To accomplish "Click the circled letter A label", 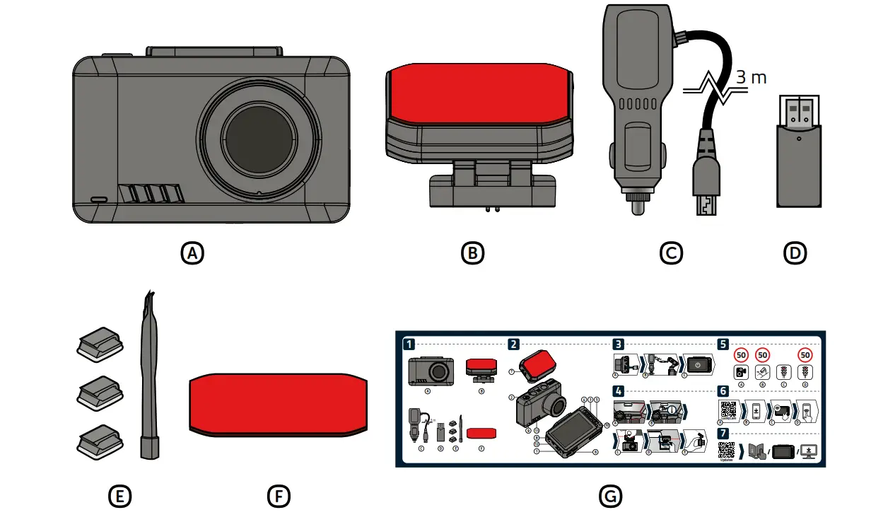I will [x=192, y=253].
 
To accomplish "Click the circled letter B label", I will [x=472, y=253].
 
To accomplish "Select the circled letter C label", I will [x=671, y=253].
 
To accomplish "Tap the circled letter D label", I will [x=795, y=253].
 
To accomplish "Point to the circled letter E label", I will [x=119, y=497].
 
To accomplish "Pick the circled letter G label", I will [x=609, y=497].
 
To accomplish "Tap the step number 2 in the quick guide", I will [x=514, y=345].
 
